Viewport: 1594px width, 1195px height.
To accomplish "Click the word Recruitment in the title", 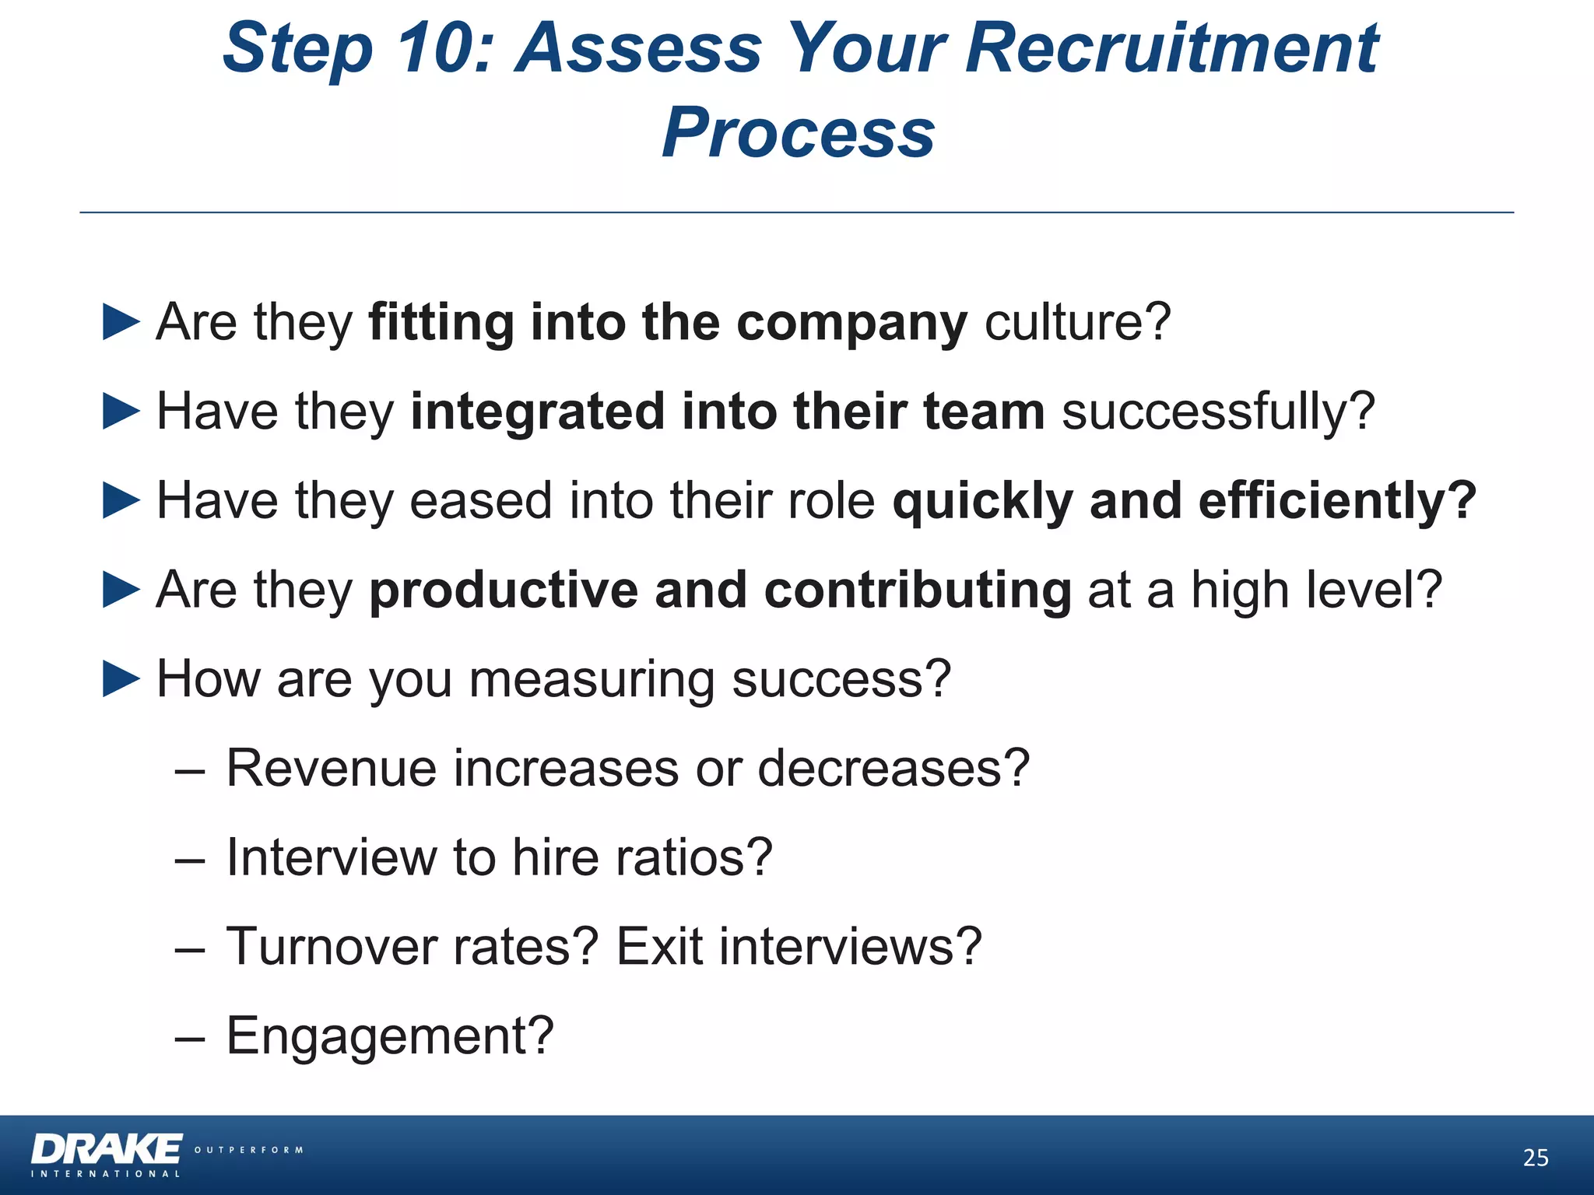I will coord(1171,48).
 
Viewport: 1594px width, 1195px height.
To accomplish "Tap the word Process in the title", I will coord(798,132).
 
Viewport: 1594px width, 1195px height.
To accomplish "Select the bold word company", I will coord(851,323).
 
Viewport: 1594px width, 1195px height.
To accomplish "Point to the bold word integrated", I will coord(537,412).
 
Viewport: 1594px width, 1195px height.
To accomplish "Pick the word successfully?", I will coord(1218,412).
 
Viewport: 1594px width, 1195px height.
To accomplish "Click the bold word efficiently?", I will coord(1337,500).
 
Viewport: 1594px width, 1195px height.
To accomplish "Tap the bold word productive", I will coord(503,590).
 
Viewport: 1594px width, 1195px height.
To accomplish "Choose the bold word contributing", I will coord(918,590).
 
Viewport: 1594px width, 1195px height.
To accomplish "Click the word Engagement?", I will coord(390,1036).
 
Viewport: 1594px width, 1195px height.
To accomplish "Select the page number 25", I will coord(1535,1158).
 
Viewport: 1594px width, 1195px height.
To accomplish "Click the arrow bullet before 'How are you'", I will coord(121,679).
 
